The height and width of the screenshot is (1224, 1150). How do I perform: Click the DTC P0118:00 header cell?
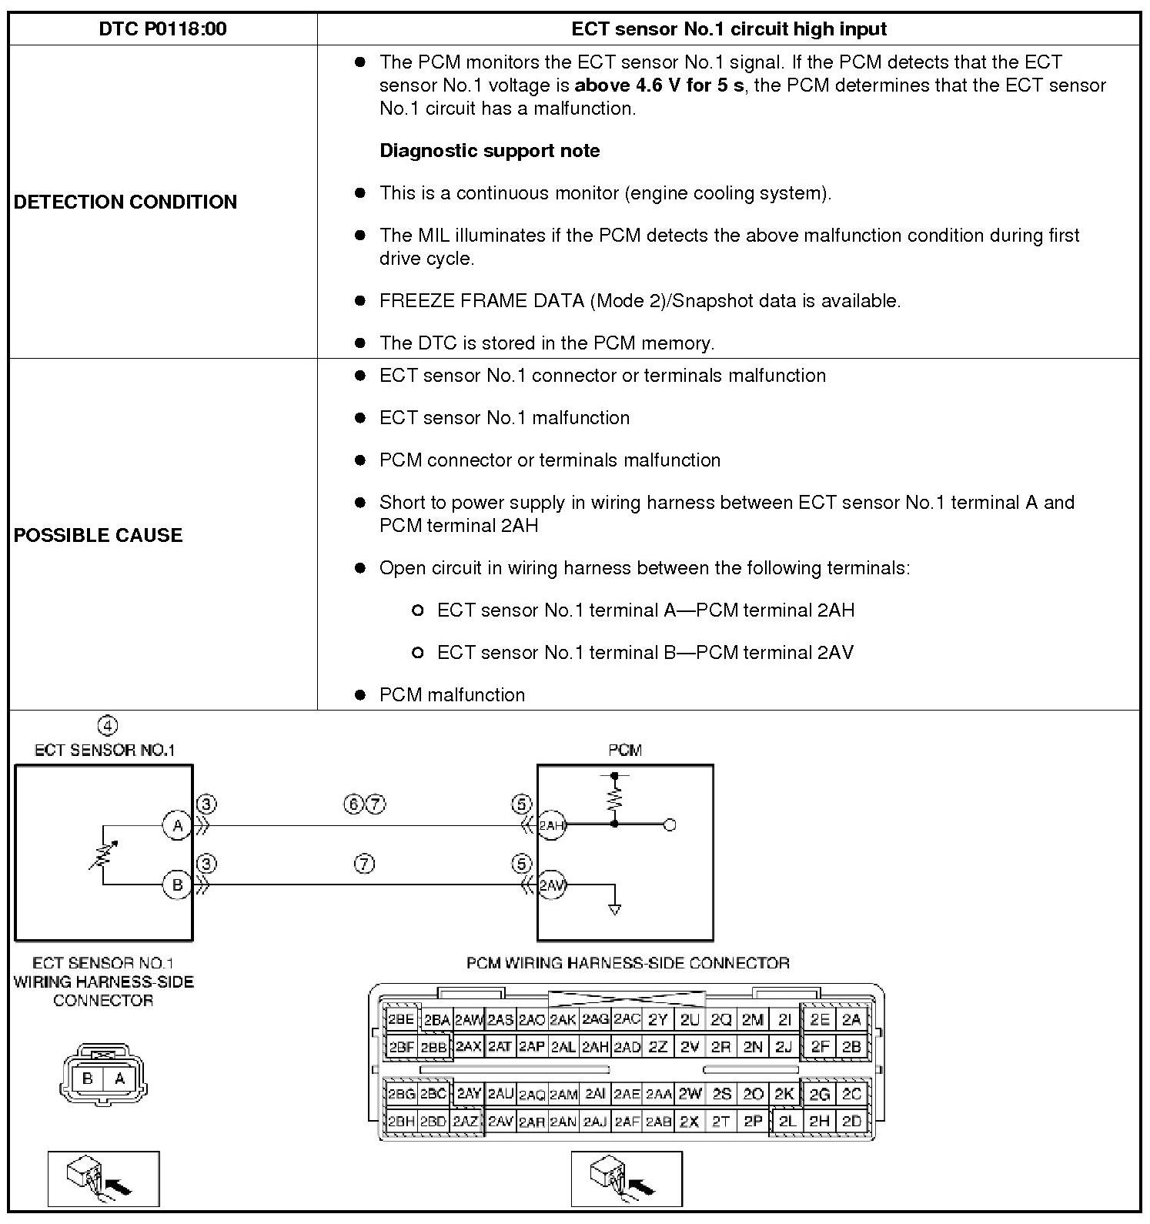coord(162,29)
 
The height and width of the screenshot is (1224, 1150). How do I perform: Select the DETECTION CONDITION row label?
coord(125,202)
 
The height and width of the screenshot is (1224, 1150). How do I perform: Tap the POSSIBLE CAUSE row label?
coord(99,535)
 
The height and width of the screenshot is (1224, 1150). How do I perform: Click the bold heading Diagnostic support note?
coord(490,150)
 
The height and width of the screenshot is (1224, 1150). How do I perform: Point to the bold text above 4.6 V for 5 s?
coord(659,85)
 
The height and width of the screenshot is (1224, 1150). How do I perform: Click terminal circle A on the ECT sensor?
coord(177,826)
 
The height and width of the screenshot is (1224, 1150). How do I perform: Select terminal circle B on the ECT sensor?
coord(177,885)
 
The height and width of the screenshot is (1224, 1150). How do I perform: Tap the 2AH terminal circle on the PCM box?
coord(551,825)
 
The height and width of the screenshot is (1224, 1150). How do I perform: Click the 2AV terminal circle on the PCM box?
coord(551,885)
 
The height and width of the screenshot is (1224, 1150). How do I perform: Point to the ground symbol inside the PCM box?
coord(614,909)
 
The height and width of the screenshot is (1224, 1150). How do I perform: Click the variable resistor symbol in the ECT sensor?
coord(103,854)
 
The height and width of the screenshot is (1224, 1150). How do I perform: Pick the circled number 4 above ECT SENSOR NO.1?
coord(108,726)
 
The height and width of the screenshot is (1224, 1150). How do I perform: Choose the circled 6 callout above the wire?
coord(353,804)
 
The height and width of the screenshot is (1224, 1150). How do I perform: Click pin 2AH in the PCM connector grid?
coord(595,1047)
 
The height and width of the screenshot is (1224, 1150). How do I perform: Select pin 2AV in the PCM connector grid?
coord(500,1122)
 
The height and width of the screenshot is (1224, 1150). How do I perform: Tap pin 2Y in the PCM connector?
coord(657,1020)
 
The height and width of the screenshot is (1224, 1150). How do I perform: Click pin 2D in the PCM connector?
coord(851,1122)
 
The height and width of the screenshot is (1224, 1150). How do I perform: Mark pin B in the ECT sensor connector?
coord(88,1079)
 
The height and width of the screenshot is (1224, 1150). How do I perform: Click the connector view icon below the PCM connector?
coord(627,1179)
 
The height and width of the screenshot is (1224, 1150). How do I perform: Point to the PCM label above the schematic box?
coord(625,750)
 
